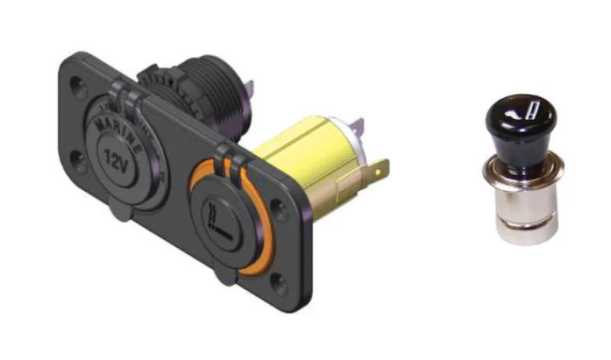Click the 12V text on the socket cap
tap(116, 160)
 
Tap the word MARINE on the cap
tap(119, 135)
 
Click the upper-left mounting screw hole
tap(78, 87)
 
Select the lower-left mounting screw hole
tap(79, 161)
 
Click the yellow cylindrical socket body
tap(308, 156)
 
